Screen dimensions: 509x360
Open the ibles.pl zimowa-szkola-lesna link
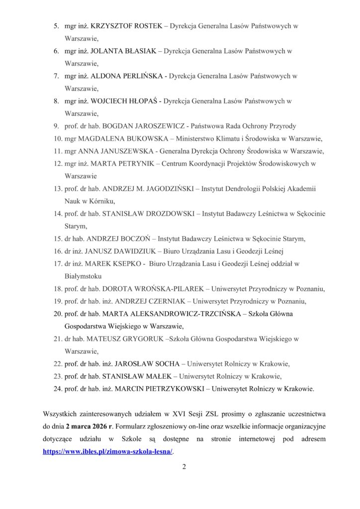(109, 450)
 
